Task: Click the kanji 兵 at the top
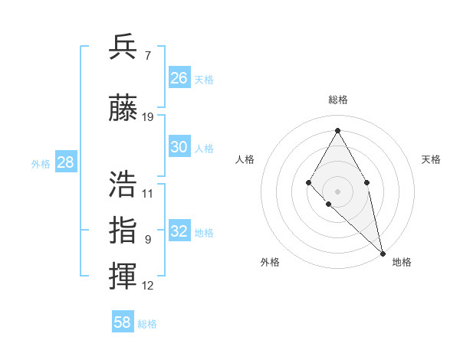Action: [x=123, y=47]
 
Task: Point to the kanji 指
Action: [x=123, y=230]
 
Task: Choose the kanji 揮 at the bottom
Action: [x=123, y=275]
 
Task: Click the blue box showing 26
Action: [x=179, y=78]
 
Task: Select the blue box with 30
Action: [x=179, y=147]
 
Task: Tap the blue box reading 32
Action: [x=179, y=231]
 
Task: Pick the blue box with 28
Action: [x=65, y=162]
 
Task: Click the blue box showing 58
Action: [x=123, y=322]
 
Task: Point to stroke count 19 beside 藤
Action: [x=148, y=117]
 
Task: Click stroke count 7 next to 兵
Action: [x=147, y=56]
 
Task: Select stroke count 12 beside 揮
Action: [x=148, y=286]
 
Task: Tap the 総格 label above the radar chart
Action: [x=337, y=100]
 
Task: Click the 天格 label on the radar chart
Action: [x=431, y=159]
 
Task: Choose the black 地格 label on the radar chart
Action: [x=402, y=262]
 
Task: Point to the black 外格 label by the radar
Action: [x=270, y=262]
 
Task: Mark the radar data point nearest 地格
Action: [x=383, y=253]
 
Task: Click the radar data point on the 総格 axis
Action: [x=337, y=131]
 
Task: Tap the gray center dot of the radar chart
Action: [x=337, y=191]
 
